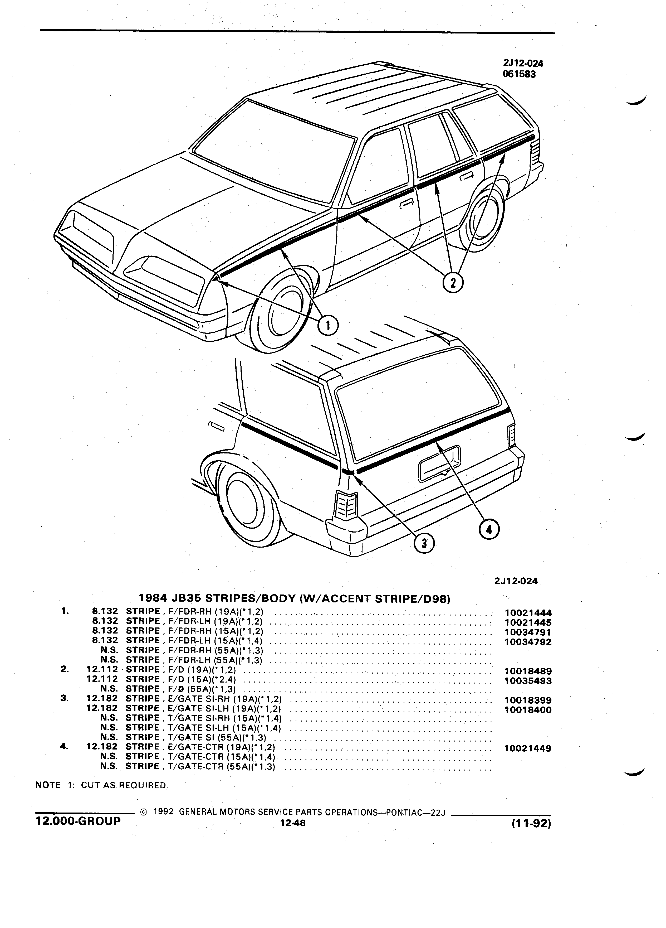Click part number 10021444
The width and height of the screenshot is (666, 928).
[x=528, y=612]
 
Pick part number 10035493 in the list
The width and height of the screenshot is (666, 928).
[x=528, y=681]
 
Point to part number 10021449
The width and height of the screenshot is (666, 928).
[x=528, y=748]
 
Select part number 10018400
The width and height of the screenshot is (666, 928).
[x=528, y=710]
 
